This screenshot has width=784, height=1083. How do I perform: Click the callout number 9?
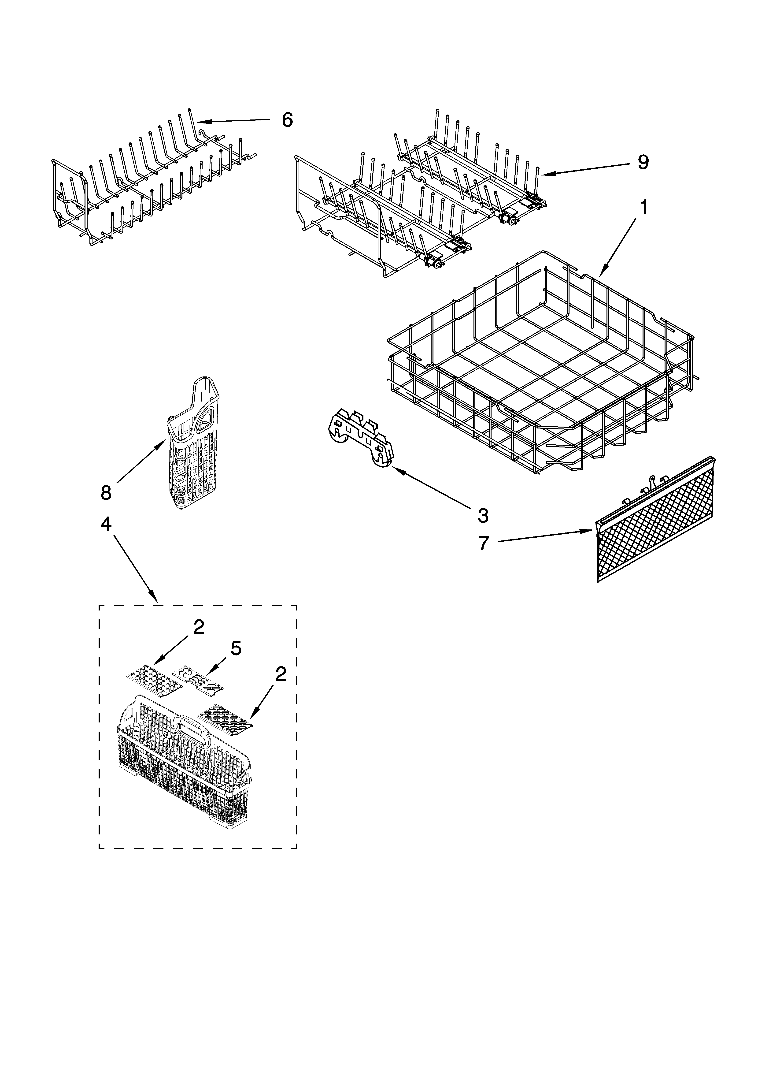[x=643, y=162]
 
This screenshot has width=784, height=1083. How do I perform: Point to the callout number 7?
[x=484, y=543]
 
